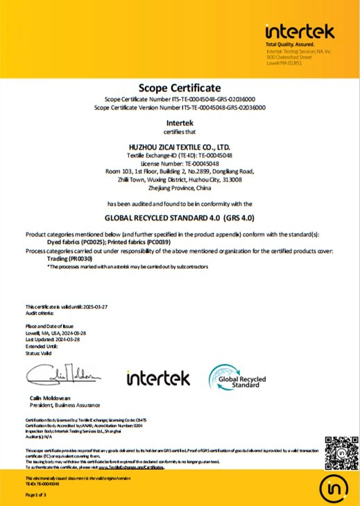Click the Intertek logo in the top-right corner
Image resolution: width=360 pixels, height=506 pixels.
point(300,31)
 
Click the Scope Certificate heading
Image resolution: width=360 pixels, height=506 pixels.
point(179,87)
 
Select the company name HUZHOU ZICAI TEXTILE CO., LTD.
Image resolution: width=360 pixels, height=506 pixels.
point(180,148)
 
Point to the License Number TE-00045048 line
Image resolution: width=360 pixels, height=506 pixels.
point(180,164)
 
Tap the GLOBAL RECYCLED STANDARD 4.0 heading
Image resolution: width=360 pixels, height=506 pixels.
point(180,216)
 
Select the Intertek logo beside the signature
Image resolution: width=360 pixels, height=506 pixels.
point(158,378)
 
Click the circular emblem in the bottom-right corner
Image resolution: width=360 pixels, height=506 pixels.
point(336,489)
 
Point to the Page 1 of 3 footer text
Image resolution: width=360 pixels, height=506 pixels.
point(35,495)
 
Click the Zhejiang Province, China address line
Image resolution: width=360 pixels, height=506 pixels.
point(180,188)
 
